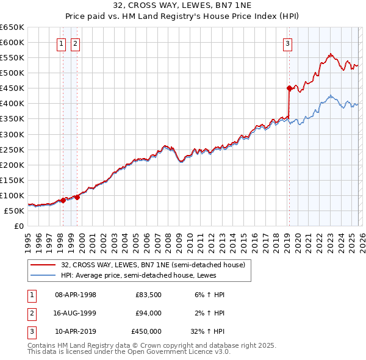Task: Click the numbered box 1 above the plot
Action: [x=62, y=43]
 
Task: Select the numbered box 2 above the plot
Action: [x=75, y=43]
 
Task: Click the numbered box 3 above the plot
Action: [x=287, y=43]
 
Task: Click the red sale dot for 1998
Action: [x=63, y=200]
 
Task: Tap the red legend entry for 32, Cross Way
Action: [x=153, y=265]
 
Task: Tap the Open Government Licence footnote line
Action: [x=129, y=352]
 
